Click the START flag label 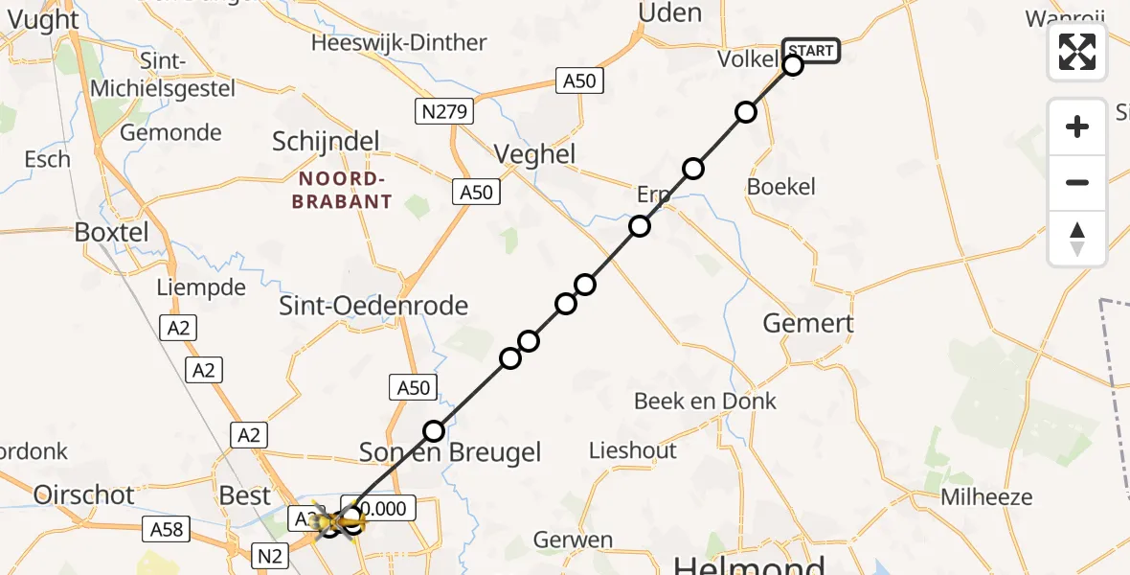[811, 50]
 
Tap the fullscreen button [1077, 52]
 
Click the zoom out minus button [1077, 182]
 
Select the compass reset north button [1077, 239]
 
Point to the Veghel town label [534, 154]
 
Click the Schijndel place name [326, 141]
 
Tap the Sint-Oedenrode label [373, 306]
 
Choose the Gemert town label [808, 323]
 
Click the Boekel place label [780, 187]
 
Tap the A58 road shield [167, 528]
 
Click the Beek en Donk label [705, 401]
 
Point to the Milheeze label [986, 497]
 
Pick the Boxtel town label [112, 232]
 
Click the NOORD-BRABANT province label [345, 191]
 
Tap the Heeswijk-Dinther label [398, 43]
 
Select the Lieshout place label [632, 450]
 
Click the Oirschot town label [83, 494]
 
